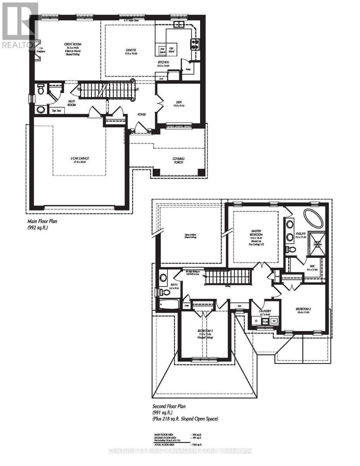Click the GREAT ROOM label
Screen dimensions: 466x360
point(73,45)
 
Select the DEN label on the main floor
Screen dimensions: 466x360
point(178,102)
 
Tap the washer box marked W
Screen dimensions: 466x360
point(274,321)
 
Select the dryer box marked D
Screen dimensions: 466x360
point(256,321)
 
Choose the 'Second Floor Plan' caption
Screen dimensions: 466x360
point(169,406)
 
